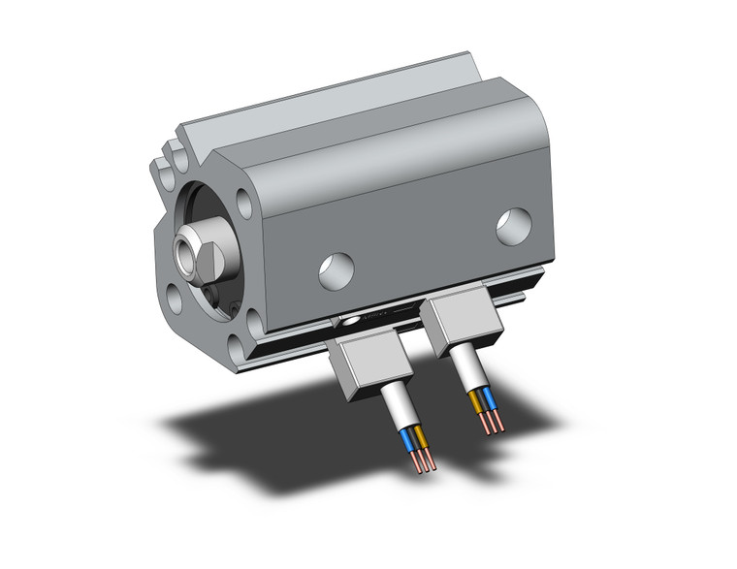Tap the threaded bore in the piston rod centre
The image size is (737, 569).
click(184, 254)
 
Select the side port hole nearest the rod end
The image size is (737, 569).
click(336, 268)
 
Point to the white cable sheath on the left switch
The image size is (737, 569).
click(401, 402)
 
